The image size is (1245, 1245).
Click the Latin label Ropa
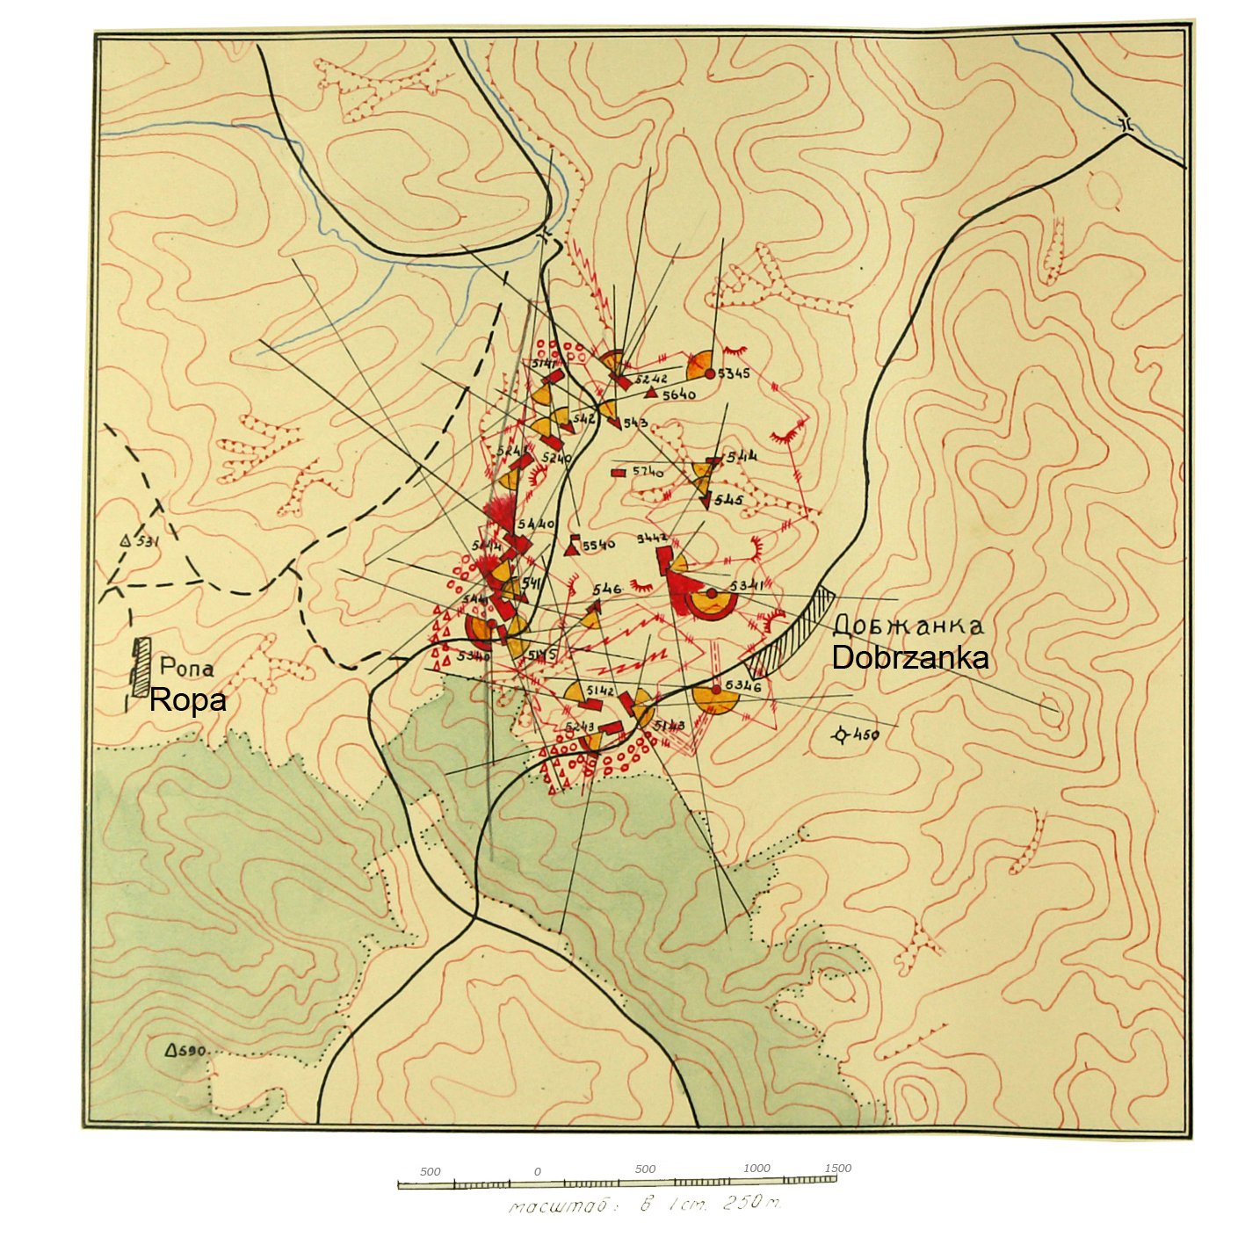(187, 700)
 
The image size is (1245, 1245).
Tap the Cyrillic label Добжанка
(908, 626)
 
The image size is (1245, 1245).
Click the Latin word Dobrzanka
(909, 658)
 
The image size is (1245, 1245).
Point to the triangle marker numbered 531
(126, 542)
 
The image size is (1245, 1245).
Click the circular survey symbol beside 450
(842, 735)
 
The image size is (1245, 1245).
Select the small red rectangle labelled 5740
(619, 473)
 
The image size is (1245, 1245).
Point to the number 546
(606, 590)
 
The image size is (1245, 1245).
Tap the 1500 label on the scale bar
(837, 1168)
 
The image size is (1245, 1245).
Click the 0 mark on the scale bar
(537, 1172)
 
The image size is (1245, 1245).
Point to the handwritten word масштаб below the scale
(558, 1206)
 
